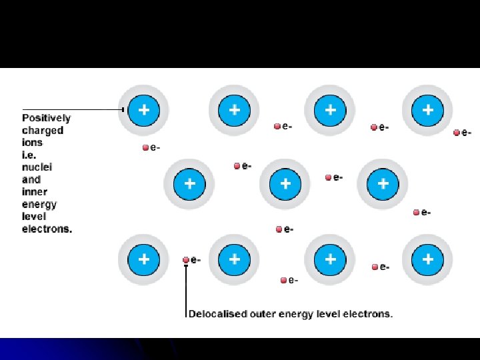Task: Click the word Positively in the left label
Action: (46, 118)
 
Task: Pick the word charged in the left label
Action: (43, 131)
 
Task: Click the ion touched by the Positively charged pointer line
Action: (143, 109)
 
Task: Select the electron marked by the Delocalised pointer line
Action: (186, 260)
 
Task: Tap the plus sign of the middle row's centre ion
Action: (285, 183)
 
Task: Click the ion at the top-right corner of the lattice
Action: (427, 109)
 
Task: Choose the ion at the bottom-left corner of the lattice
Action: (143, 259)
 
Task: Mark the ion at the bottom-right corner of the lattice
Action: (427, 259)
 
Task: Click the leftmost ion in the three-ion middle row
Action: (190, 183)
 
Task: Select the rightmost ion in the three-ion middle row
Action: (382, 183)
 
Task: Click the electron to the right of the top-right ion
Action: (457, 133)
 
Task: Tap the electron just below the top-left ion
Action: (145, 148)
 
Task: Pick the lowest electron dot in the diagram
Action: (283, 280)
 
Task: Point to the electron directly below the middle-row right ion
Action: (416, 213)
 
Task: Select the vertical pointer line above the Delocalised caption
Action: (186, 287)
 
